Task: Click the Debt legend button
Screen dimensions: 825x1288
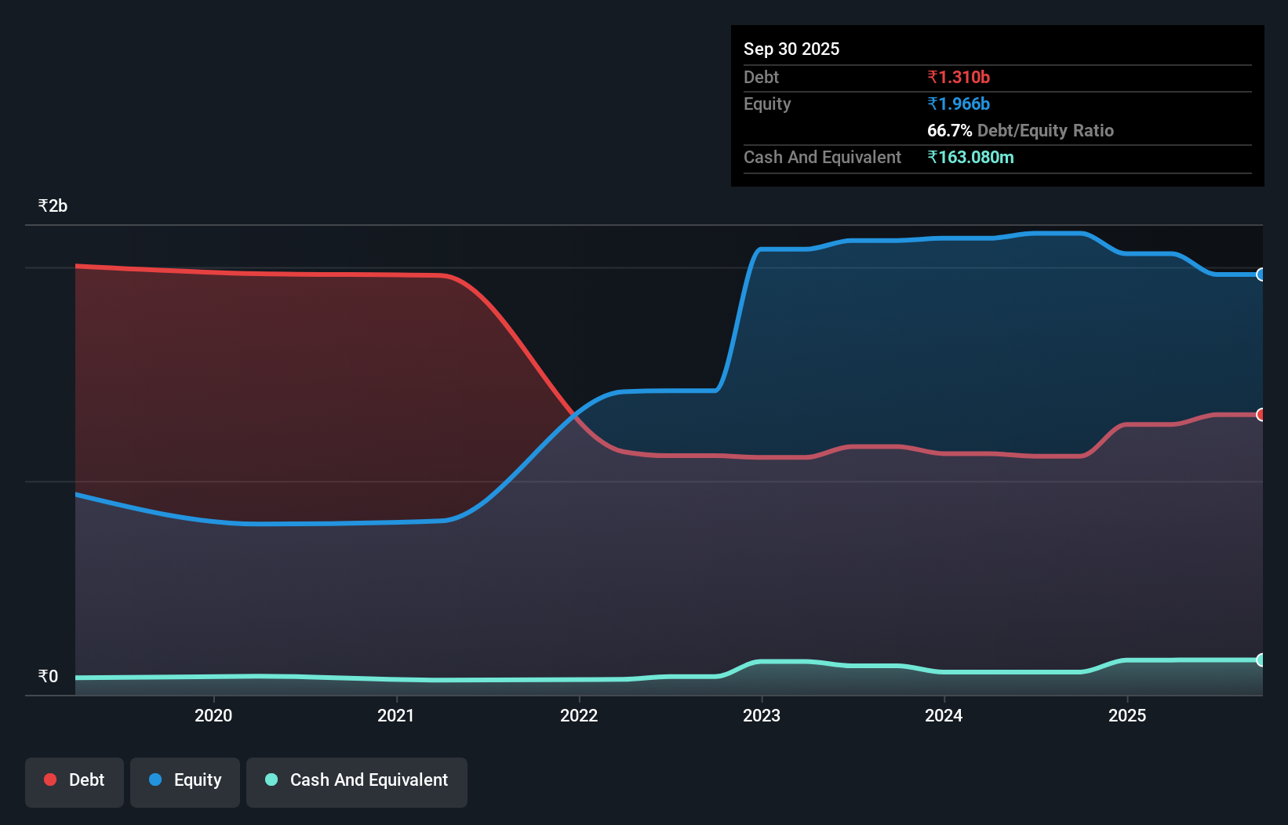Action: (x=75, y=780)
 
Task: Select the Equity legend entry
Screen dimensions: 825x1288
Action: (x=185, y=780)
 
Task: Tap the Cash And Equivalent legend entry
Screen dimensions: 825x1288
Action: (x=357, y=780)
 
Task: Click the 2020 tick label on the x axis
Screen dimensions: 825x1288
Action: (x=213, y=715)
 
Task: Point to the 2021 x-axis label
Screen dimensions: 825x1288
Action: (x=396, y=715)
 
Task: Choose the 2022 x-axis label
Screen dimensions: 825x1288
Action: (x=579, y=715)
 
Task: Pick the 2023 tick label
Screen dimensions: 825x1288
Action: (x=762, y=715)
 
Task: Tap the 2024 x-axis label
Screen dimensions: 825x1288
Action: (x=944, y=715)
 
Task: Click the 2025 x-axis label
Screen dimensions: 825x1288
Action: (x=1127, y=715)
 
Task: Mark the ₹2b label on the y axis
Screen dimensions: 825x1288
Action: (x=53, y=206)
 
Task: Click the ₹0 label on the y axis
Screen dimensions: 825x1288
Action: (x=48, y=676)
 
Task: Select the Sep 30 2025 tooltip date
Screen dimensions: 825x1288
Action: (x=791, y=49)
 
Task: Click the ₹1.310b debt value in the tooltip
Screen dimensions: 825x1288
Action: (x=959, y=77)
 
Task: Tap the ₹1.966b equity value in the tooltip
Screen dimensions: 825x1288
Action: (x=959, y=104)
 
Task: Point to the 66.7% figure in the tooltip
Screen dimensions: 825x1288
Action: (x=949, y=130)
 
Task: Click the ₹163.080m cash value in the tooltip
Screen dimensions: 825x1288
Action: (x=970, y=157)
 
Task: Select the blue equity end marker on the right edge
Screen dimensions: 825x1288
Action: (x=1261, y=274)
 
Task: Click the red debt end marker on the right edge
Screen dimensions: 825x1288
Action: (x=1261, y=415)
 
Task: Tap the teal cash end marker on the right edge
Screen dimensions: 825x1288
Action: (x=1261, y=660)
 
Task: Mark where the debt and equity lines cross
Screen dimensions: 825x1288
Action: (x=576, y=416)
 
